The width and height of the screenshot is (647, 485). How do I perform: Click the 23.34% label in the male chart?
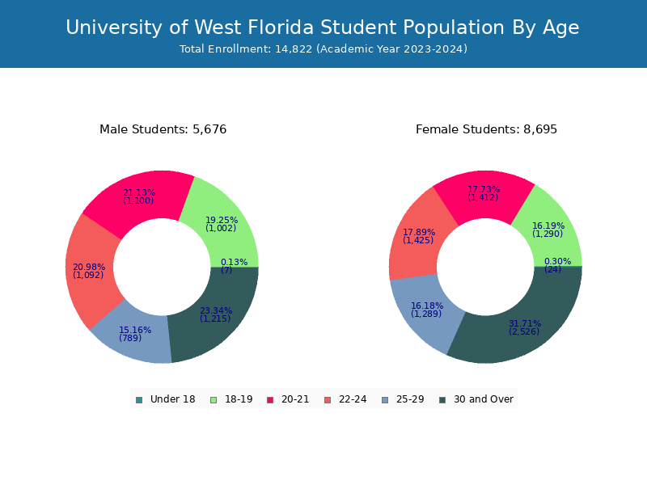(216, 310)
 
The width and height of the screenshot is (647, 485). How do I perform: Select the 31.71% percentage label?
(524, 323)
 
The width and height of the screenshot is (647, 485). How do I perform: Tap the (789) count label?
(130, 338)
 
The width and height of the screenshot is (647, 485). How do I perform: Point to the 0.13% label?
(234, 262)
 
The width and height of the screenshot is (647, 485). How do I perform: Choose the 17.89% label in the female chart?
(419, 232)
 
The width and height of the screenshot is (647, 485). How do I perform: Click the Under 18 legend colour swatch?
(139, 399)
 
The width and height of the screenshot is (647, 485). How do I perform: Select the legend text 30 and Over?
(483, 399)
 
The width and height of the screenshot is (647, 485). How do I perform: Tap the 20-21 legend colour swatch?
(270, 399)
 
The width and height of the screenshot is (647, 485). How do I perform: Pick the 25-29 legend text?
(410, 399)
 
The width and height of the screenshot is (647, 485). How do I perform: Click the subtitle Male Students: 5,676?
(163, 129)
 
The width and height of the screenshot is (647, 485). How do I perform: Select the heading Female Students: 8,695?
(486, 129)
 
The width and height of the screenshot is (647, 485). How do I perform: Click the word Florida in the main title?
(285, 27)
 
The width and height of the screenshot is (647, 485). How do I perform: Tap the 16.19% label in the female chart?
(548, 226)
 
